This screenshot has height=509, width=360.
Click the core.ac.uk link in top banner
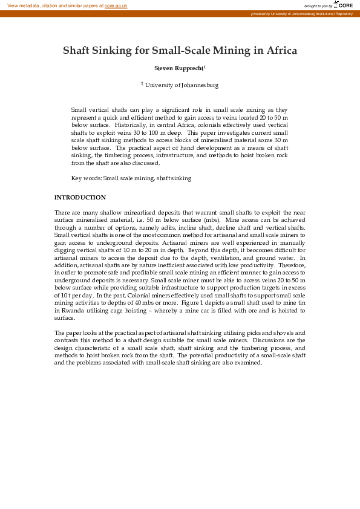[x=116, y=5]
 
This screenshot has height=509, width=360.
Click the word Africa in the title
[x=278, y=50]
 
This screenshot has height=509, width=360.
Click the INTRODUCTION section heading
[x=80, y=198]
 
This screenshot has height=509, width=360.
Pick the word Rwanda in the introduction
[x=70, y=311]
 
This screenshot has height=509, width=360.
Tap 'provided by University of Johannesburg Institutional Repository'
[x=301, y=13]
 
